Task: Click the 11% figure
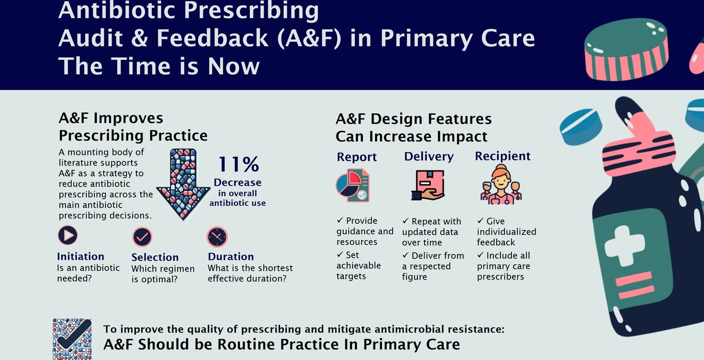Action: point(239,164)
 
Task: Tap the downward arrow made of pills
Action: point(183,184)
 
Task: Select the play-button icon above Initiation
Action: point(68,235)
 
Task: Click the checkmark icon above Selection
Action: point(142,236)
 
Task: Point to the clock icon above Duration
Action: point(217,236)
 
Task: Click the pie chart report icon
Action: point(353,185)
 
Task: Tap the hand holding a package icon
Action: point(428,185)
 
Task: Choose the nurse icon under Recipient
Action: point(501,185)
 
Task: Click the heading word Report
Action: point(357,157)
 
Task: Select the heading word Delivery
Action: point(428,157)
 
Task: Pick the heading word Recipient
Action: point(503,156)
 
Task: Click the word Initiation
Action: point(80,256)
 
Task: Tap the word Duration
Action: point(230,256)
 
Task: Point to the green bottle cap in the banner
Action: point(625,49)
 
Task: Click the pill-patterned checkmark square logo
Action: point(72,339)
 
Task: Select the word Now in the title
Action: point(234,67)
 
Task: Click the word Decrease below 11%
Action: point(238,182)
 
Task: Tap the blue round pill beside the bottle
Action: point(581,126)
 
